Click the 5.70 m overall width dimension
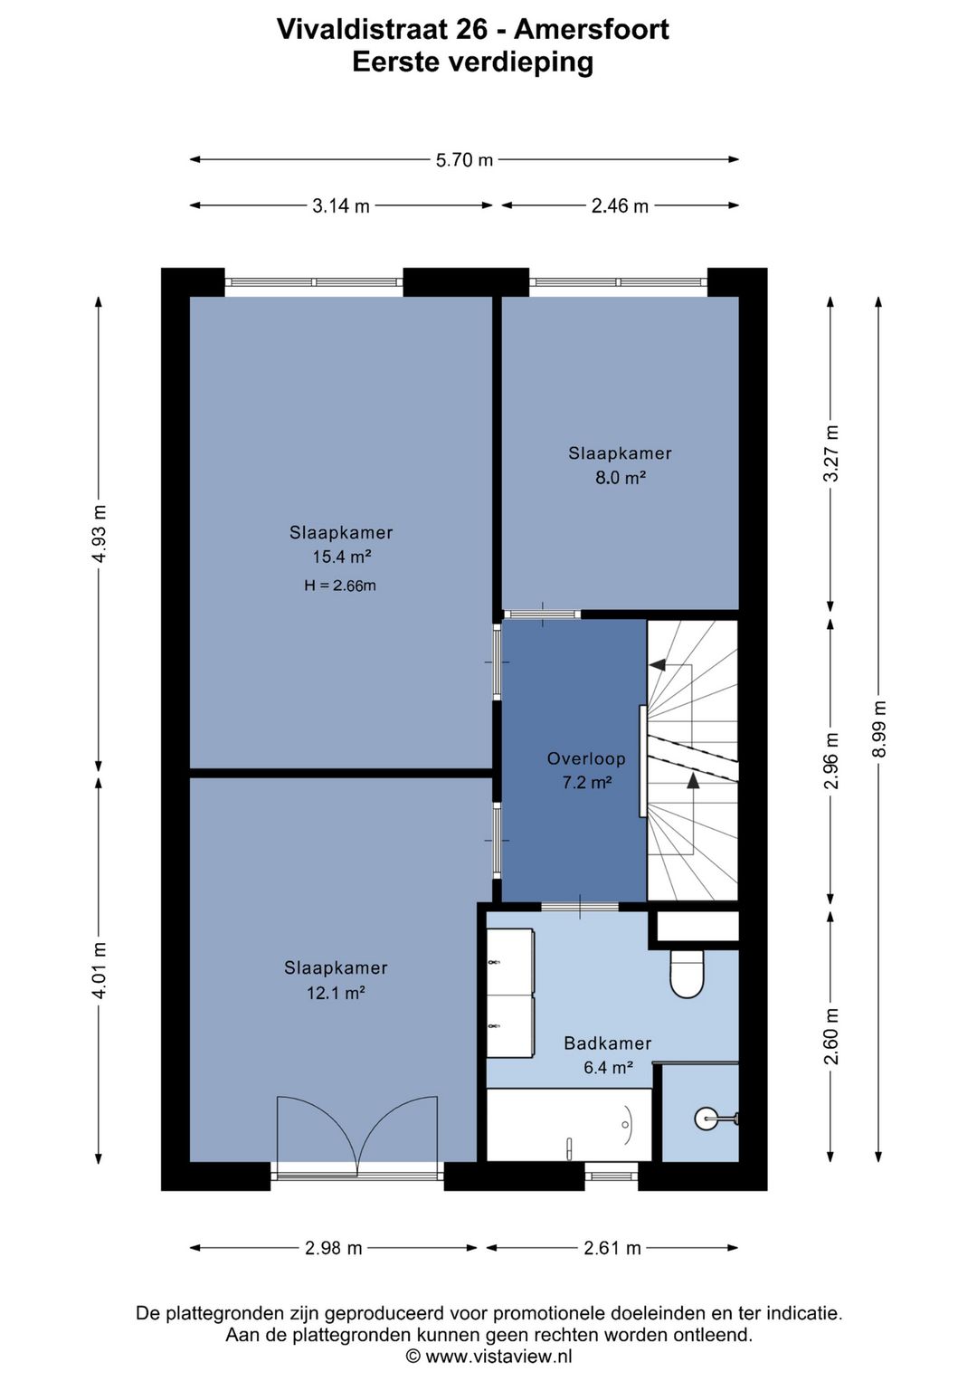(x=464, y=159)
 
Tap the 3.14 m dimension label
(x=341, y=206)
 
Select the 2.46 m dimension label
(x=620, y=206)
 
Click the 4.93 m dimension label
(x=99, y=533)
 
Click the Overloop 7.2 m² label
(x=586, y=770)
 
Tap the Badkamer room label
(x=608, y=1043)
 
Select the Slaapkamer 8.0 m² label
(x=620, y=465)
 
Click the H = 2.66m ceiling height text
(x=340, y=586)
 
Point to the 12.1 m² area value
(x=336, y=993)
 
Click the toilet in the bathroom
(x=687, y=974)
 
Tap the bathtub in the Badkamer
(x=569, y=1125)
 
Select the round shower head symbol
(x=706, y=1119)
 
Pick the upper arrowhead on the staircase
(x=657, y=664)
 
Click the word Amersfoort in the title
(x=591, y=29)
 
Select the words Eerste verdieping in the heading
(x=473, y=62)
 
